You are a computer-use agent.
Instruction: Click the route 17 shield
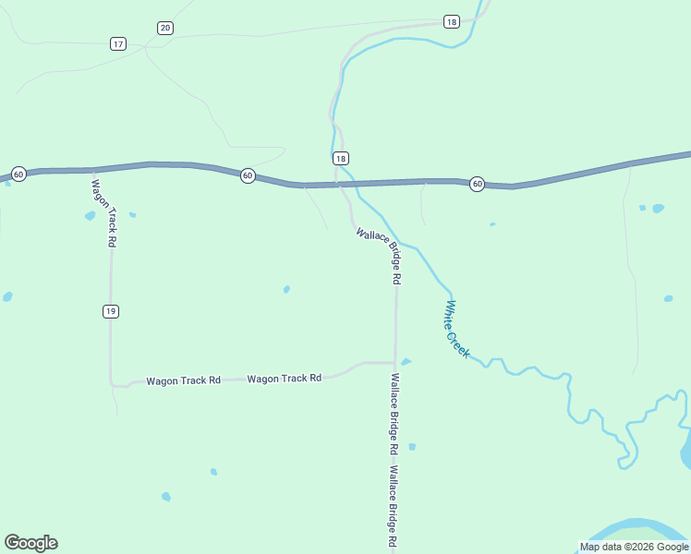pos(117,43)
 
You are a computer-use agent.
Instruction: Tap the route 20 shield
pos(164,28)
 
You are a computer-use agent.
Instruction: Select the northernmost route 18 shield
pos(451,21)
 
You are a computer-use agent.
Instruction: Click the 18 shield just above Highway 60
pos(341,158)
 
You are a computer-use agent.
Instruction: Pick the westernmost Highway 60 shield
pos(18,175)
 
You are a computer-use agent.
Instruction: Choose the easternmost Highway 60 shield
pos(477,184)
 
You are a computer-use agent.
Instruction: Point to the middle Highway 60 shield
pos(248,175)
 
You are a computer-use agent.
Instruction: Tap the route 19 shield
pos(111,311)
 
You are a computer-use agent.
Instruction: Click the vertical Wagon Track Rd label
pos(103,211)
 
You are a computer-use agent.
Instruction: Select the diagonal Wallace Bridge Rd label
pos(380,255)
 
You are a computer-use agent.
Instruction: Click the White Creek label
pos(457,329)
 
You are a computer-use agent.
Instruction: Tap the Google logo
pos(31,543)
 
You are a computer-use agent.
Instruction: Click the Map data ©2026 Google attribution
pos(634,547)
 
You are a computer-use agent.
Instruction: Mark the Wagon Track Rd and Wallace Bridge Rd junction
pos(395,363)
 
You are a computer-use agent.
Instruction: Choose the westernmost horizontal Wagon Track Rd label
pos(184,380)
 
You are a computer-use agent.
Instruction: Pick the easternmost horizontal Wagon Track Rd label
pos(284,378)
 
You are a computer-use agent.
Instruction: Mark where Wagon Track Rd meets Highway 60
pos(93,170)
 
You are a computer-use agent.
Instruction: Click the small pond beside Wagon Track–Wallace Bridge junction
pos(406,362)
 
